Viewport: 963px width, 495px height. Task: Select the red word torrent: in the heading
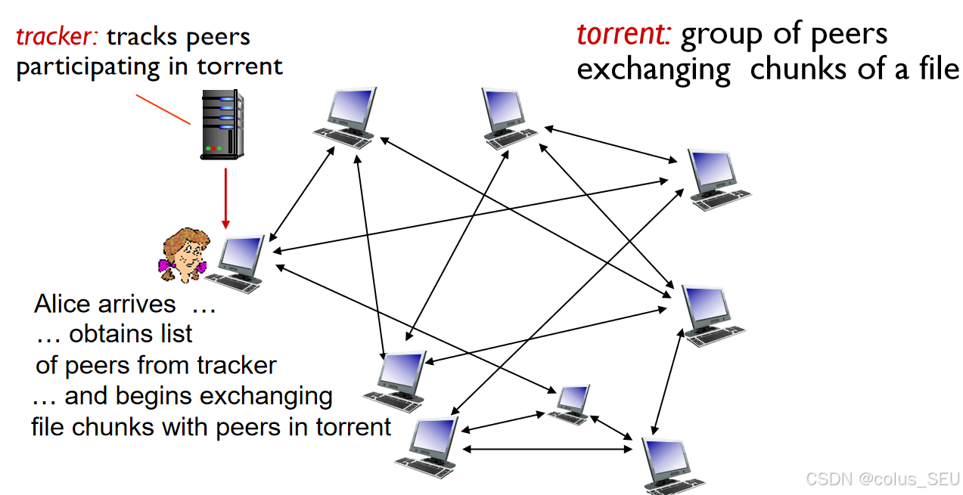coord(624,34)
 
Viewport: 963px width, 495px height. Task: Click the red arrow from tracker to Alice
coord(225,196)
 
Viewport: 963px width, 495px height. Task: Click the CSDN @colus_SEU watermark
coord(882,478)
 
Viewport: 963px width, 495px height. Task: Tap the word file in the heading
coord(938,69)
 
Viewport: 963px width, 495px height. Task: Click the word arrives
coord(137,304)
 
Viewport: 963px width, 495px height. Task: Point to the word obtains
coord(131,334)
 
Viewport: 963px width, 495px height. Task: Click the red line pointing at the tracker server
coord(163,109)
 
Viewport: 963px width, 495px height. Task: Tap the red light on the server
coord(215,148)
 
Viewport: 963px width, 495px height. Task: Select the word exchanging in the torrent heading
coord(654,69)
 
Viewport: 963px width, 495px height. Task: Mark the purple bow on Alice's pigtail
coord(203,268)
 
